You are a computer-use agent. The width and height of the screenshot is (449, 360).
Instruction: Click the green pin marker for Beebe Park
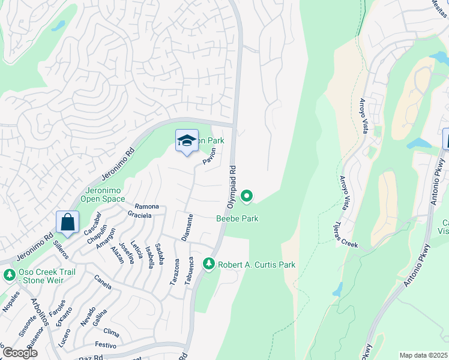coord(246,196)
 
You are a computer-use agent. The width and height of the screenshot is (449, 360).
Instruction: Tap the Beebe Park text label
coord(237,219)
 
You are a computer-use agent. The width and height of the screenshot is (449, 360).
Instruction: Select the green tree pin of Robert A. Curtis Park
coord(208,263)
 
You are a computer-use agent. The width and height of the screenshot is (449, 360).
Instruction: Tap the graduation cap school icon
coord(187,140)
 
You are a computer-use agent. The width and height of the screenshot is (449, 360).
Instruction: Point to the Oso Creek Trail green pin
coord(9,275)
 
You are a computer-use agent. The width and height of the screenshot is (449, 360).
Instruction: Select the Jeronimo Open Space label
coord(102,195)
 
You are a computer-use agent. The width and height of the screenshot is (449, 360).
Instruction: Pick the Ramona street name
coord(146,206)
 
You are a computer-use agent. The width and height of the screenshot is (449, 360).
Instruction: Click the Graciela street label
coord(139,214)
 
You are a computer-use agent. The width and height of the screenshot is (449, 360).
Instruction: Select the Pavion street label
coord(208,157)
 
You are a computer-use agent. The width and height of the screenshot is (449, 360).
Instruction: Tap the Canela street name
coord(103,282)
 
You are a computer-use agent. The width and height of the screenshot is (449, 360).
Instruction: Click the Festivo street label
coord(105,344)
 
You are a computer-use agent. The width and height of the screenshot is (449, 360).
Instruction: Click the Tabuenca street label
coord(188,271)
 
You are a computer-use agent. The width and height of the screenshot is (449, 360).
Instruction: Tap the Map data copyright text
coord(423,355)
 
